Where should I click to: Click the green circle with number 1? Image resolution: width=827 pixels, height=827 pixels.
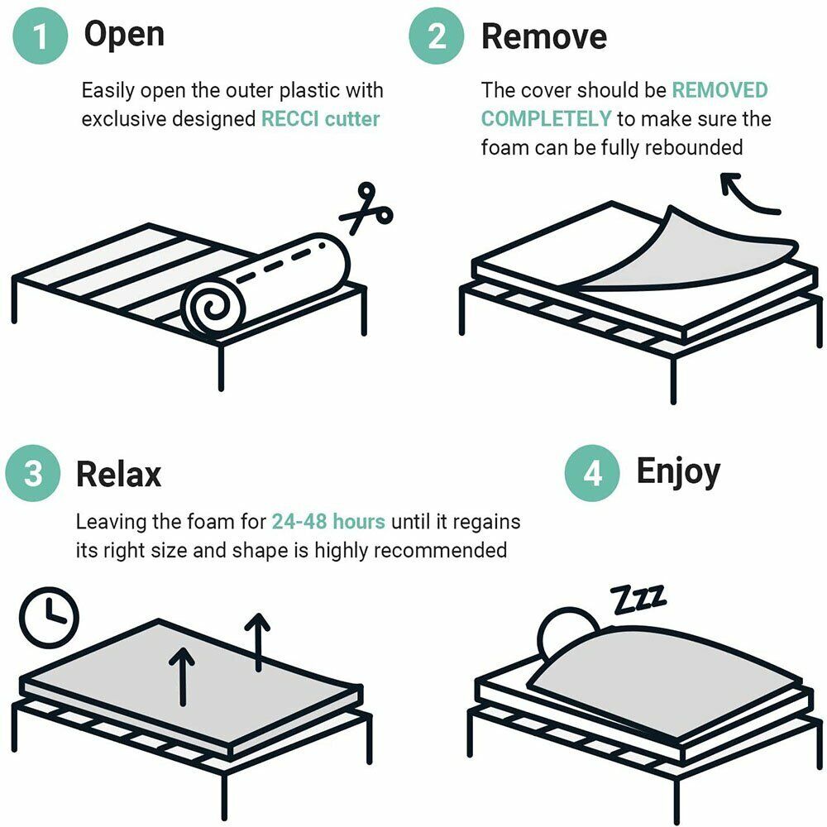(39, 36)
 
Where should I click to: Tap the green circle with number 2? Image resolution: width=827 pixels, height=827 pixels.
(437, 36)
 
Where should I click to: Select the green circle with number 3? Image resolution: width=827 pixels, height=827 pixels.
(33, 475)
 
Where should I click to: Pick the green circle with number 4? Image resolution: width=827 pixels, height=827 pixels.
(592, 474)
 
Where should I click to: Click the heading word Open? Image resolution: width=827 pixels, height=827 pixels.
(124, 34)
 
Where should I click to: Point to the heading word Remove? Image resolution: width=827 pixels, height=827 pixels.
(543, 36)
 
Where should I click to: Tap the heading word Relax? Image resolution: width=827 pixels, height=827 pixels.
(118, 475)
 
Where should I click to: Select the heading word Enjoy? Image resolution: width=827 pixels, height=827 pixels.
(677, 471)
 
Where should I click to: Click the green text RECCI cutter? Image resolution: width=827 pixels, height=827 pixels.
(320, 118)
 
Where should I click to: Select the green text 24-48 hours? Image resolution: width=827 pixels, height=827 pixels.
(327, 522)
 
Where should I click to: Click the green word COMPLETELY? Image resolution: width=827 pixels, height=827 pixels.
(546, 118)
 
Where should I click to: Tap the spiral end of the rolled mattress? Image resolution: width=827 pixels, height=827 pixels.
(212, 308)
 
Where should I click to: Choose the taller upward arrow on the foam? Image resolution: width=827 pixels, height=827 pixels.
(260, 640)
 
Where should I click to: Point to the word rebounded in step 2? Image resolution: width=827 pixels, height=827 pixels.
(694, 147)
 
